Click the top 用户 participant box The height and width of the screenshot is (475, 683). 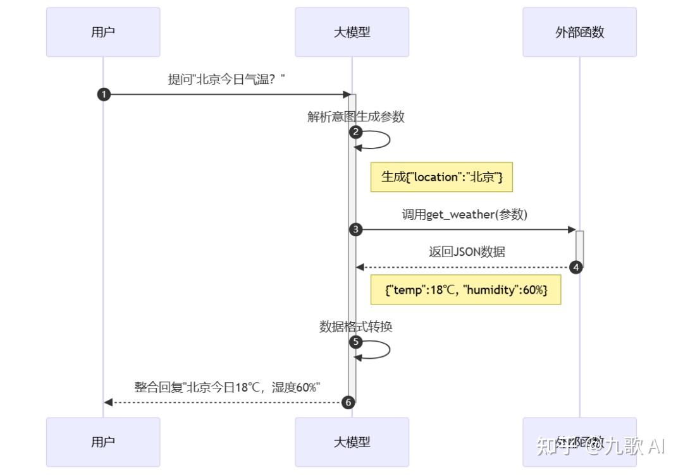[103, 32]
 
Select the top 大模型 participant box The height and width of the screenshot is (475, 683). [352, 32]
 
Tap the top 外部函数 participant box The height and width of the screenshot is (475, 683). [579, 32]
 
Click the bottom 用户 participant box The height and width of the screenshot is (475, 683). [103, 442]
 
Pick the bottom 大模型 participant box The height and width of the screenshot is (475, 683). [352, 442]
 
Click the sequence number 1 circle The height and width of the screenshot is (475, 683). [104, 95]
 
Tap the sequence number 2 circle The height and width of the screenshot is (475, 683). [356, 132]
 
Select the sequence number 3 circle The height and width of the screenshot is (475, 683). [356, 230]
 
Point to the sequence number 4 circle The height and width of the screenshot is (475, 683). [575, 267]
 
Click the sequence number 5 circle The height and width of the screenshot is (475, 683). [356, 342]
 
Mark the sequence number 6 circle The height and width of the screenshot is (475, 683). [347, 402]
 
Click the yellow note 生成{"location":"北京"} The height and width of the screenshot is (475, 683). [441, 177]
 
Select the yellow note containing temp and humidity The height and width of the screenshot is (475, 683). [466, 289]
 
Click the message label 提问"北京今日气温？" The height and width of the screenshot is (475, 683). [226, 80]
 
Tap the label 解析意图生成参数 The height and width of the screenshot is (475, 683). [355, 117]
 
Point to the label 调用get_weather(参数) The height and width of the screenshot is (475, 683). [465, 215]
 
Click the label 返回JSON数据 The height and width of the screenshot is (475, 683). [467, 252]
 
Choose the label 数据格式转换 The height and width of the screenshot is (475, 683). [355, 327]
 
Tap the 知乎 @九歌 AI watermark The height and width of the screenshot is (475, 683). [600, 447]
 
